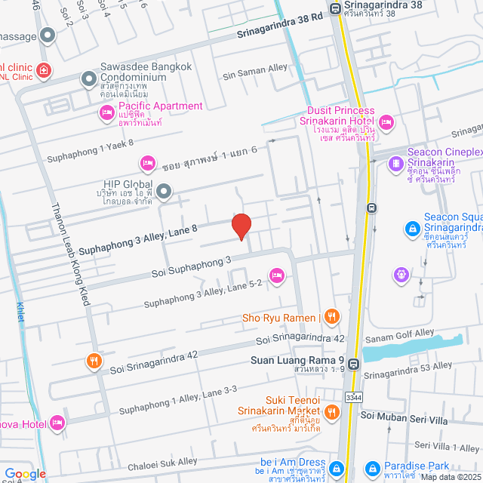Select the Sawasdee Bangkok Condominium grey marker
(89, 78)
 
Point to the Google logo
(25, 473)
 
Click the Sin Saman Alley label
(255, 68)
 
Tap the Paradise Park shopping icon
(371, 467)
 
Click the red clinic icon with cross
(44, 70)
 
